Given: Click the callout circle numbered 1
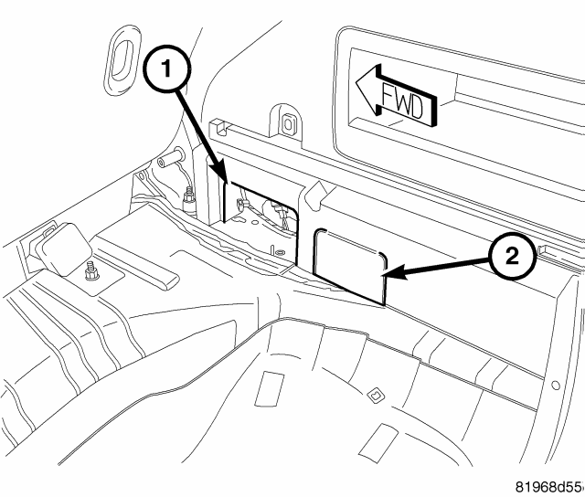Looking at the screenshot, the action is tap(166, 69).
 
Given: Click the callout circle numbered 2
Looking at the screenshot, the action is tap(512, 257).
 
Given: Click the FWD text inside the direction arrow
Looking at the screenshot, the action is tap(403, 102).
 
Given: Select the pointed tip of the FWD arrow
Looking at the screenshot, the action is tap(356, 83).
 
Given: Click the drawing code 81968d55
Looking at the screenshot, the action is tap(548, 487).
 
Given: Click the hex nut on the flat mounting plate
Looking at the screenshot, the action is tap(91, 272).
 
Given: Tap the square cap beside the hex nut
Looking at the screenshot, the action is tap(64, 248).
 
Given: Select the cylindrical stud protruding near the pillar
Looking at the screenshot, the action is tap(171, 158).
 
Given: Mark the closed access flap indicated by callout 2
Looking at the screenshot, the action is tap(350, 266).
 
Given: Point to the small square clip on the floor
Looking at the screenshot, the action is tap(374, 394).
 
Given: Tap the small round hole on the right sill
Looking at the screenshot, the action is tap(555, 386).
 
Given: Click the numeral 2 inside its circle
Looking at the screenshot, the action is tap(512, 257).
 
